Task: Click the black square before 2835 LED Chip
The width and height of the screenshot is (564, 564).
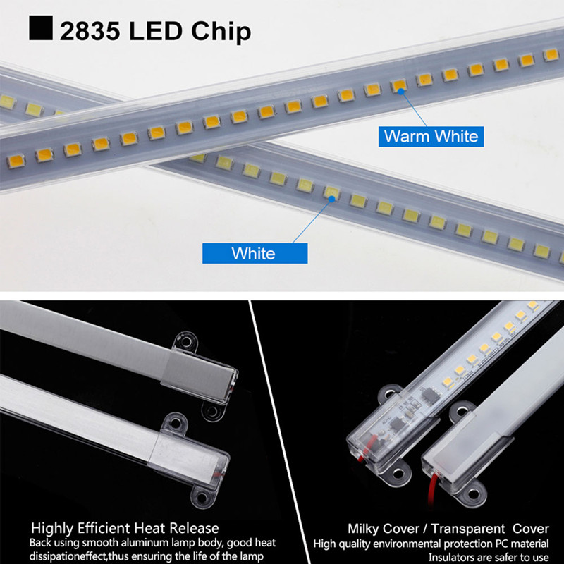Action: tap(41, 30)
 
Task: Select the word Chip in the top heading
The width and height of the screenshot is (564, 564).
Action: tap(224, 32)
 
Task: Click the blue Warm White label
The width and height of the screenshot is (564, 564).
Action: tap(431, 135)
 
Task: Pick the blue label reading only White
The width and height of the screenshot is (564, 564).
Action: tap(253, 252)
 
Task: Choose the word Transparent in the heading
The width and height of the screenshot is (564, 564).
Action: tap(468, 528)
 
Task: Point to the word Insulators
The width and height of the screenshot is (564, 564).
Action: tap(455, 557)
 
